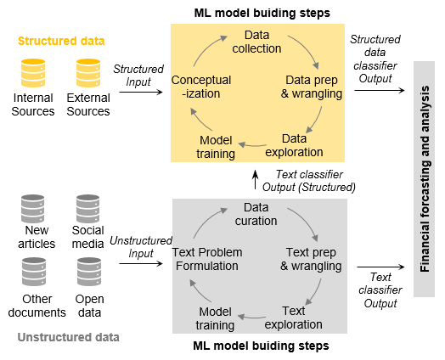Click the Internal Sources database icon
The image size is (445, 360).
click(x=33, y=73)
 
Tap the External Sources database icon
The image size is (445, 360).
click(x=88, y=73)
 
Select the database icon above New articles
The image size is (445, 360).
click(x=33, y=209)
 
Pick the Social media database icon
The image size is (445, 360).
click(x=88, y=209)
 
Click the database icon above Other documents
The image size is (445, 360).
click(x=34, y=272)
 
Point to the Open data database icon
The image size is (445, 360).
click(x=89, y=272)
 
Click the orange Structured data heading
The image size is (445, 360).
click(x=61, y=41)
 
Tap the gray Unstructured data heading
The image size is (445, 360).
click(x=69, y=337)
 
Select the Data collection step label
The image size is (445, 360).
click(x=256, y=42)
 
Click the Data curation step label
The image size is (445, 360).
click(x=256, y=214)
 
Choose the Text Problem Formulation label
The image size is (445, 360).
click(x=207, y=259)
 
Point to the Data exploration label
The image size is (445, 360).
click(x=294, y=145)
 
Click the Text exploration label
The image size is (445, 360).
click(x=294, y=318)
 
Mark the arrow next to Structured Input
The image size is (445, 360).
click(x=141, y=92)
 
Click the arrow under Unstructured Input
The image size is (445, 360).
click(x=141, y=264)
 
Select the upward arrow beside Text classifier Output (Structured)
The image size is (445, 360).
click(x=256, y=179)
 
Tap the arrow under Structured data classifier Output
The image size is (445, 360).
click(x=380, y=91)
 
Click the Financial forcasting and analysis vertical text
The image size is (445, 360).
click(x=425, y=179)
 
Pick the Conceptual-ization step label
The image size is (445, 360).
click(x=201, y=87)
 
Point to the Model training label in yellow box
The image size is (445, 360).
click(x=216, y=147)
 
